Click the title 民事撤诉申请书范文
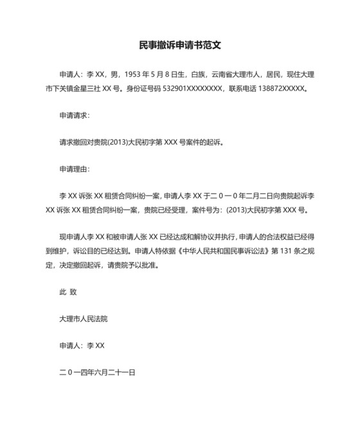pyautogui.click(x=180, y=46)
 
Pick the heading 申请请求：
pyautogui.click(x=75, y=116)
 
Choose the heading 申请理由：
pyautogui.click(x=75, y=169)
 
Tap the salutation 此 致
pyautogui.click(x=68, y=292)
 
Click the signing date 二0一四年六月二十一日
pyautogui.click(x=97, y=372)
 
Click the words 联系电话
pyautogui.click(x=244, y=89)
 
